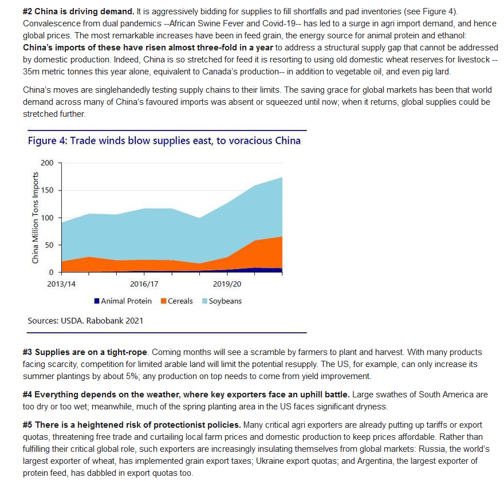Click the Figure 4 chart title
pos(164,141)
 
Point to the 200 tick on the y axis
pos(47,163)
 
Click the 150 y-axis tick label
pos(47,190)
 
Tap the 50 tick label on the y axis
pos(49,245)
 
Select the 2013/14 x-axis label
pos(61,284)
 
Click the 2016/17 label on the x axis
pos(144,284)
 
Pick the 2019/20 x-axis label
pos(227,284)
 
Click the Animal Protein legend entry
pos(123,301)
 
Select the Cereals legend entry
pos(177,301)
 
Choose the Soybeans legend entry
pos(222,301)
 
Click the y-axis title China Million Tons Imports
pos(35,218)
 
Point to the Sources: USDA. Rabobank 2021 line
pos(85,321)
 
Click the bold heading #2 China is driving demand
pos(78,11)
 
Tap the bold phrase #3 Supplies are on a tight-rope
pos(85,352)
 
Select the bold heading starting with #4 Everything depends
pos(186,395)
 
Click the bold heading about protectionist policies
pos(132,425)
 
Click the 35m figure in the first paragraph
pos(31,72)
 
